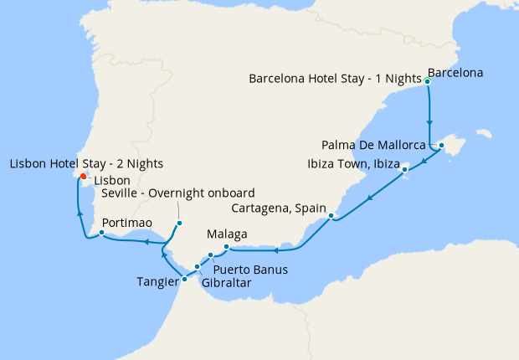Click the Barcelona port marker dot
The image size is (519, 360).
point(428,81)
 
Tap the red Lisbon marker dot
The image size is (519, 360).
point(82,176)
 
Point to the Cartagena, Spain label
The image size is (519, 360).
point(280,207)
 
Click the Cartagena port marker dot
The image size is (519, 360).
point(332,217)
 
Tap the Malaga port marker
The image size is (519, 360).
point(227,246)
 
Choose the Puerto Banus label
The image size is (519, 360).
point(250,270)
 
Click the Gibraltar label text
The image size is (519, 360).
point(226,283)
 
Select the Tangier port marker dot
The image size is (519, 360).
point(184,279)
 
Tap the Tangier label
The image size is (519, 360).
point(157,282)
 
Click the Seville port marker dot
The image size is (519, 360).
point(179,223)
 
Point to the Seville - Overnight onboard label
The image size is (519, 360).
point(177,193)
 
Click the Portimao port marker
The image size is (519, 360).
point(101,234)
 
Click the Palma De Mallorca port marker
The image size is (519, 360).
point(441,147)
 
